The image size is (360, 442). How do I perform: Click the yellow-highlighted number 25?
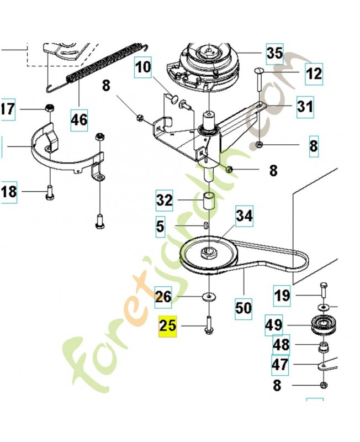168,325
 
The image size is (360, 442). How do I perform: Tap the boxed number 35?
274,53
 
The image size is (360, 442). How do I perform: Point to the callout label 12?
314,72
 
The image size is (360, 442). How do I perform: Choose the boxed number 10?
142,68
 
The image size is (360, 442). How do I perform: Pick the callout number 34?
244,216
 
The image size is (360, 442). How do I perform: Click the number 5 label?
160,226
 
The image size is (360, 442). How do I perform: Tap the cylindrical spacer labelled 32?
209,200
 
